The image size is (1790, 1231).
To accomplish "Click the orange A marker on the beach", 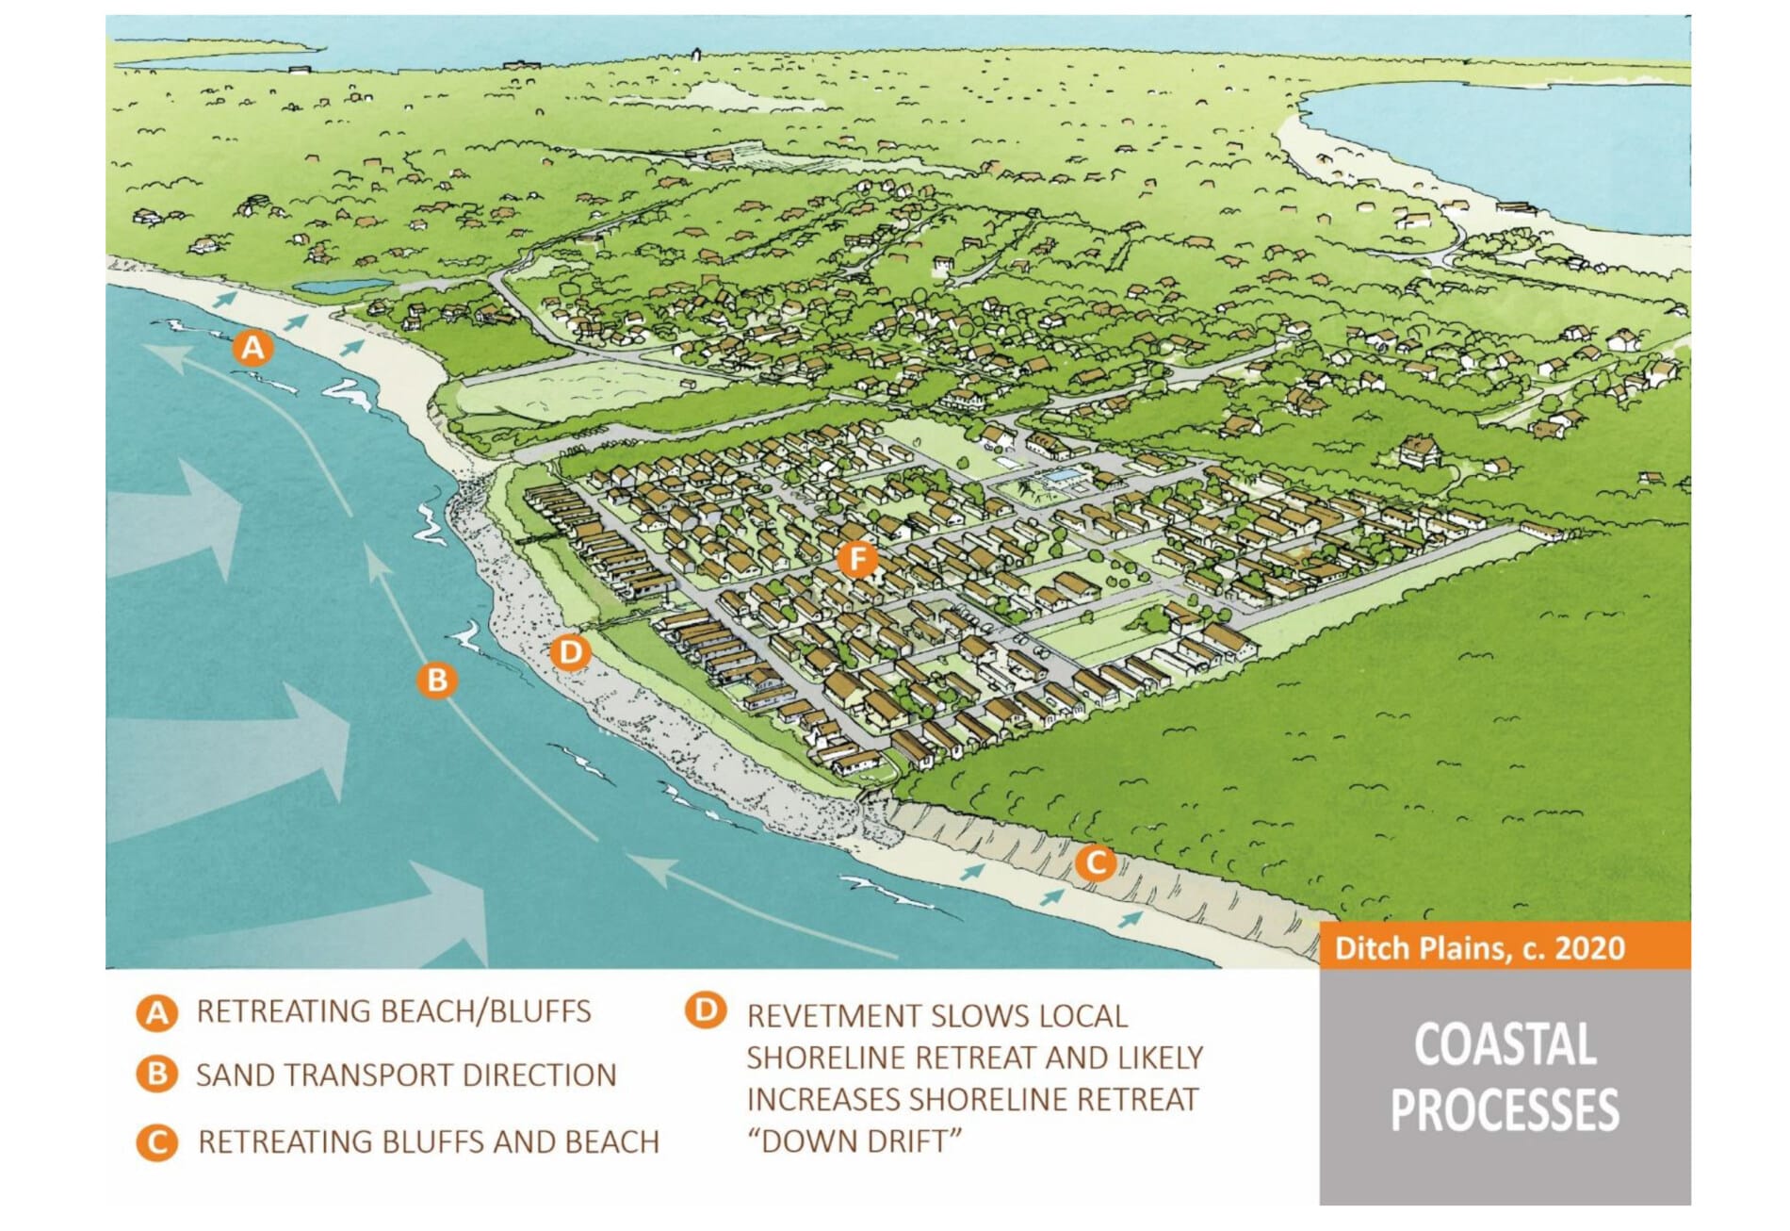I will pyautogui.click(x=252, y=348).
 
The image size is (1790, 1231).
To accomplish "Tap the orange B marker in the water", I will pyautogui.click(x=437, y=680).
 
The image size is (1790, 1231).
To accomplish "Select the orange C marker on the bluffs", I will pyautogui.click(x=1096, y=862).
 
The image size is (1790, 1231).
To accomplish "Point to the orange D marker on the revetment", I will pyautogui.click(x=570, y=651).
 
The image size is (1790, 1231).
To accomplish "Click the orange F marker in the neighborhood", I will pyautogui.click(x=857, y=559).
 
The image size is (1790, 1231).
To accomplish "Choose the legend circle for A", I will pyautogui.click(x=156, y=1013).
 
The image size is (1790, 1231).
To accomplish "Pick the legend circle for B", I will pyautogui.click(x=156, y=1075).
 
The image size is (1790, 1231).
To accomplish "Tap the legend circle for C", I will pyautogui.click(x=156, y=1142).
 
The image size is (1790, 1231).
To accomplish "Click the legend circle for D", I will pyautogui.click(x=706, y=1010).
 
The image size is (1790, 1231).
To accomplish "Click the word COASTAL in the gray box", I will pyautogui.click(x=1505, y=1044).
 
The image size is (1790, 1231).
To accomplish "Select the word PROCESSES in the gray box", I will pyautogui.click(x=1505, y=1110).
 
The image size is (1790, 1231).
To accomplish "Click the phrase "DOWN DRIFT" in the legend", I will pyautogui.click(x=854, y=1141).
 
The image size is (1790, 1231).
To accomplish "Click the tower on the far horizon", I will pyautogui.click(x=696, y=54).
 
